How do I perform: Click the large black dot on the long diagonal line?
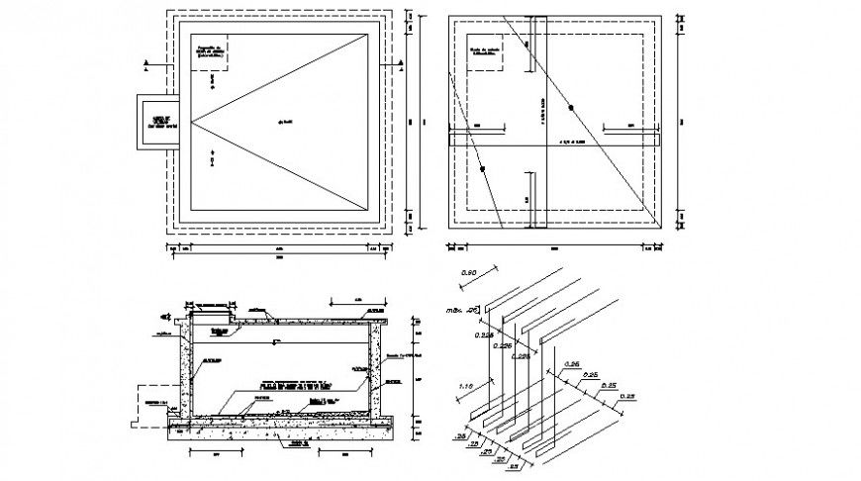tap(571, 105)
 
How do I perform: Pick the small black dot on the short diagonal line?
tap(482, 167)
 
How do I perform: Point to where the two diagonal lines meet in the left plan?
tap(191, 123)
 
